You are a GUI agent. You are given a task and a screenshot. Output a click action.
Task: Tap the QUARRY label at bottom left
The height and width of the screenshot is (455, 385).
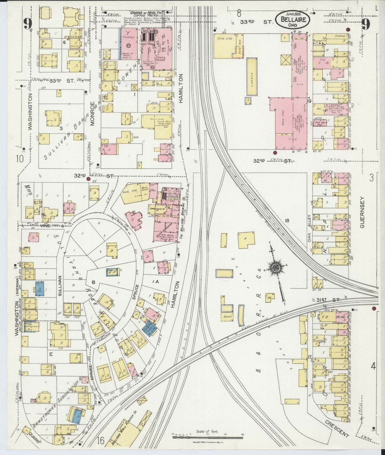click(34, 439)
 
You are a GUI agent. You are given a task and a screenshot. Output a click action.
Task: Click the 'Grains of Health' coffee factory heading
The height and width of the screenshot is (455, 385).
click(145, 13)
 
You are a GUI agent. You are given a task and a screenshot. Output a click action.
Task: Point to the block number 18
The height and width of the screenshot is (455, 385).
click(287, 220)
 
